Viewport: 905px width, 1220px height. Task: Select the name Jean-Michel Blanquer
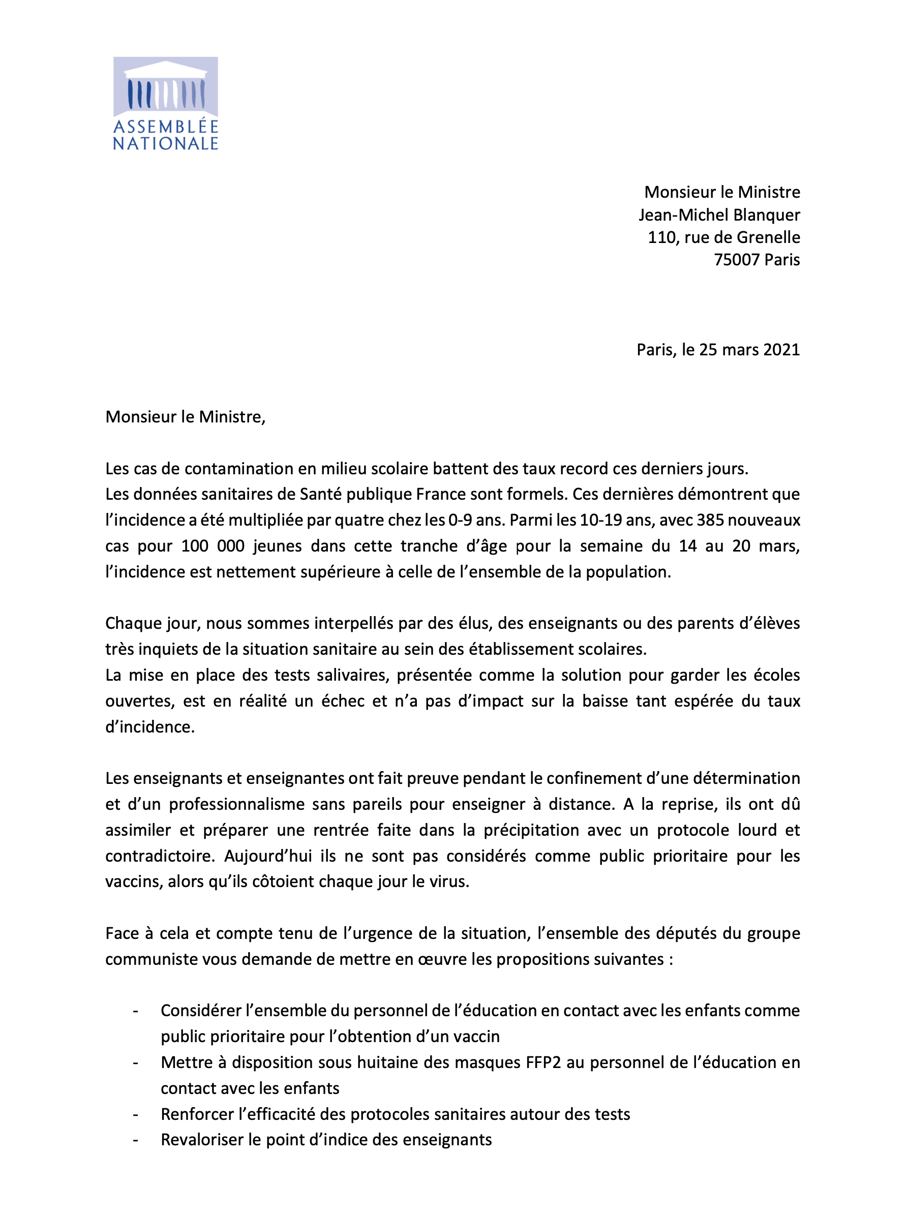[719, 215]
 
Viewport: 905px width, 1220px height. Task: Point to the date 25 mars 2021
[749, 349]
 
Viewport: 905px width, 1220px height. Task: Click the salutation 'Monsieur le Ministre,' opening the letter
[185, 417]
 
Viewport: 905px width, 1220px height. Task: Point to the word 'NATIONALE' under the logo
[165, 143]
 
